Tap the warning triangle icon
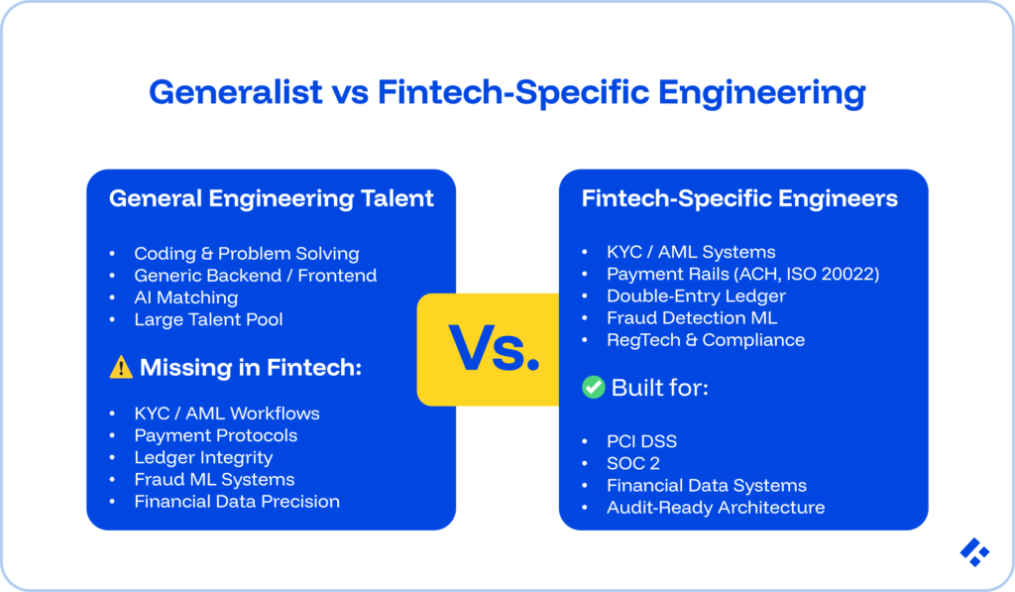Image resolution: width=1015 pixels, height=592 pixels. click(x=121, y=368)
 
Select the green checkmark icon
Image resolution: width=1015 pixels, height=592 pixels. click(x=593, y=387)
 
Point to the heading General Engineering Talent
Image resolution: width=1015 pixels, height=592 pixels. click(x=271, y=198)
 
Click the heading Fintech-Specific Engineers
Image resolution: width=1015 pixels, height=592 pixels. click(x=739, y=198)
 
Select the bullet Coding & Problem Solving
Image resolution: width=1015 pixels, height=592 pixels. click(x=246, y=253)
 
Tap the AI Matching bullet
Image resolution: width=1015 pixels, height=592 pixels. click(x=186, y=297)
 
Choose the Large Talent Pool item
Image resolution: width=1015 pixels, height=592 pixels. click(x=208, y=319)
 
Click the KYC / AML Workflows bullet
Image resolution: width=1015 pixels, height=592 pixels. click(x=227, y=413)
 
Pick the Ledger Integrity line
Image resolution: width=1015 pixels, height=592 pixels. click(x=203, y=457)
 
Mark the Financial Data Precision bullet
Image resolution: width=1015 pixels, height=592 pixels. click(x=237, y=502)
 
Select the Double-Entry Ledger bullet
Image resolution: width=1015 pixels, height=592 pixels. click(x=696, y=296)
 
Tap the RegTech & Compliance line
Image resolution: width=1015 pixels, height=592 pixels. click(x=706, y=340)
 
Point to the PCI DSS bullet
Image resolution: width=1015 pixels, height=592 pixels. click(x=640, y=441)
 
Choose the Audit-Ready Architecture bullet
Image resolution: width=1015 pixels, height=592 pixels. click(x=716, y=508)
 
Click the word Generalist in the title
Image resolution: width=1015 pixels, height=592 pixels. click(x=236, y=92)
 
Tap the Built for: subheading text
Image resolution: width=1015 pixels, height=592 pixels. click(x=659, y=387)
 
